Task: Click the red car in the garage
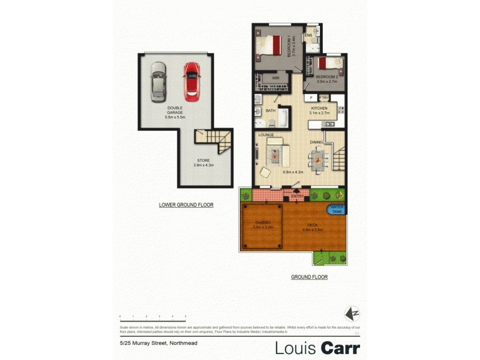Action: tap(191, 81)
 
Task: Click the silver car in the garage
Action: tap(158, 82)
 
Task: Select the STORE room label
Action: tap(203, 163)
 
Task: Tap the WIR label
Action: tap(276, 78)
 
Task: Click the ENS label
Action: tap(308, 36)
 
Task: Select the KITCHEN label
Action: tap(319, 108)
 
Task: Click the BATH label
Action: tap(270, 110)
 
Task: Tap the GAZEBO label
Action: tap(263, 225)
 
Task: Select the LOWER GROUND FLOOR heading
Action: tap(186, 205)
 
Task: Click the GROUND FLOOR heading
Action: tap(310, 277)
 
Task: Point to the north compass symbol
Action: tap(353, 313)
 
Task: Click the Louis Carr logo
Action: tap(317, 347)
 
